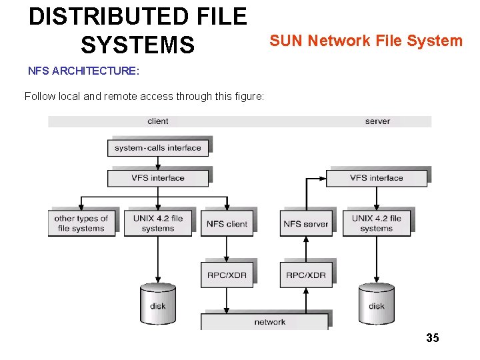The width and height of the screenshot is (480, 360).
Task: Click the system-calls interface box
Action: coord(157,148)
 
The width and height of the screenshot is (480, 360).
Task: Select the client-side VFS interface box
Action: coord(157,178)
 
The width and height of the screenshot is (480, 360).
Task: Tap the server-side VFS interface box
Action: coord(376,178)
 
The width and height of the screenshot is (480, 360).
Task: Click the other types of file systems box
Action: coord(81,223)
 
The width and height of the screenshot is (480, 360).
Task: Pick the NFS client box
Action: coord(227,223)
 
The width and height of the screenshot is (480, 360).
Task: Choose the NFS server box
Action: coord(305,223)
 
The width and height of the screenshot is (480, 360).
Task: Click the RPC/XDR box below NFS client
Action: coord(227,275)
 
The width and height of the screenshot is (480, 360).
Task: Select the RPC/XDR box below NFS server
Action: coord(305,275)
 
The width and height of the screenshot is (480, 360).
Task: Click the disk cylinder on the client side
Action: coord(158,303)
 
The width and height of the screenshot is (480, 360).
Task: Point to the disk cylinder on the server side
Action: coord(377,303)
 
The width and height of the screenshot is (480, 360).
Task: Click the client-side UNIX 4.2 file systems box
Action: coord(158,223)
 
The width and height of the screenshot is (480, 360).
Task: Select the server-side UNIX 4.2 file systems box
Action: coord(377,223)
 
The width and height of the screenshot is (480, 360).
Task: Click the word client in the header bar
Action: coord(158,121)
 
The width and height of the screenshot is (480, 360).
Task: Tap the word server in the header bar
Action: coord(377,121)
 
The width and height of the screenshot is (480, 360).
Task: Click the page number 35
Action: coord(433,338)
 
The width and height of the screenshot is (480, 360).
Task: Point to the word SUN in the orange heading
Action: coord(285,41)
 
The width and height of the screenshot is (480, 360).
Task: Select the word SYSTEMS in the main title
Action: coord(138,45)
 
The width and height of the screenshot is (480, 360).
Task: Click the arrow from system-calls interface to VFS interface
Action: coord(158,163)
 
